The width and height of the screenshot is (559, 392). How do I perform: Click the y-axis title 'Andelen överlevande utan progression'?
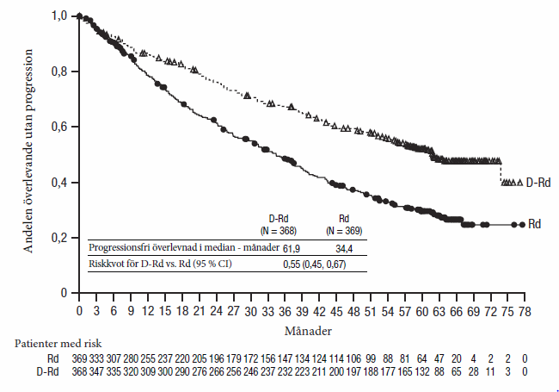(x=28, y=151)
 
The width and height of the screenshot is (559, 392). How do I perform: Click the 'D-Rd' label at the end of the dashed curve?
(x=538, y=183)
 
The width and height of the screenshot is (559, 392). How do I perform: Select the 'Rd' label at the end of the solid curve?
(x=534, y=224)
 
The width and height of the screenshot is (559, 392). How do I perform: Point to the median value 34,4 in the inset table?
(x=344, y=247)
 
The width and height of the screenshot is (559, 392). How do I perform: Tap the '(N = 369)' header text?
(x=344, y=231)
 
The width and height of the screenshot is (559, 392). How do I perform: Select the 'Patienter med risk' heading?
(x=52, y=341)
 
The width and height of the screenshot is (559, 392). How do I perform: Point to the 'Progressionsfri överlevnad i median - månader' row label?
(x=185, y=247)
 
